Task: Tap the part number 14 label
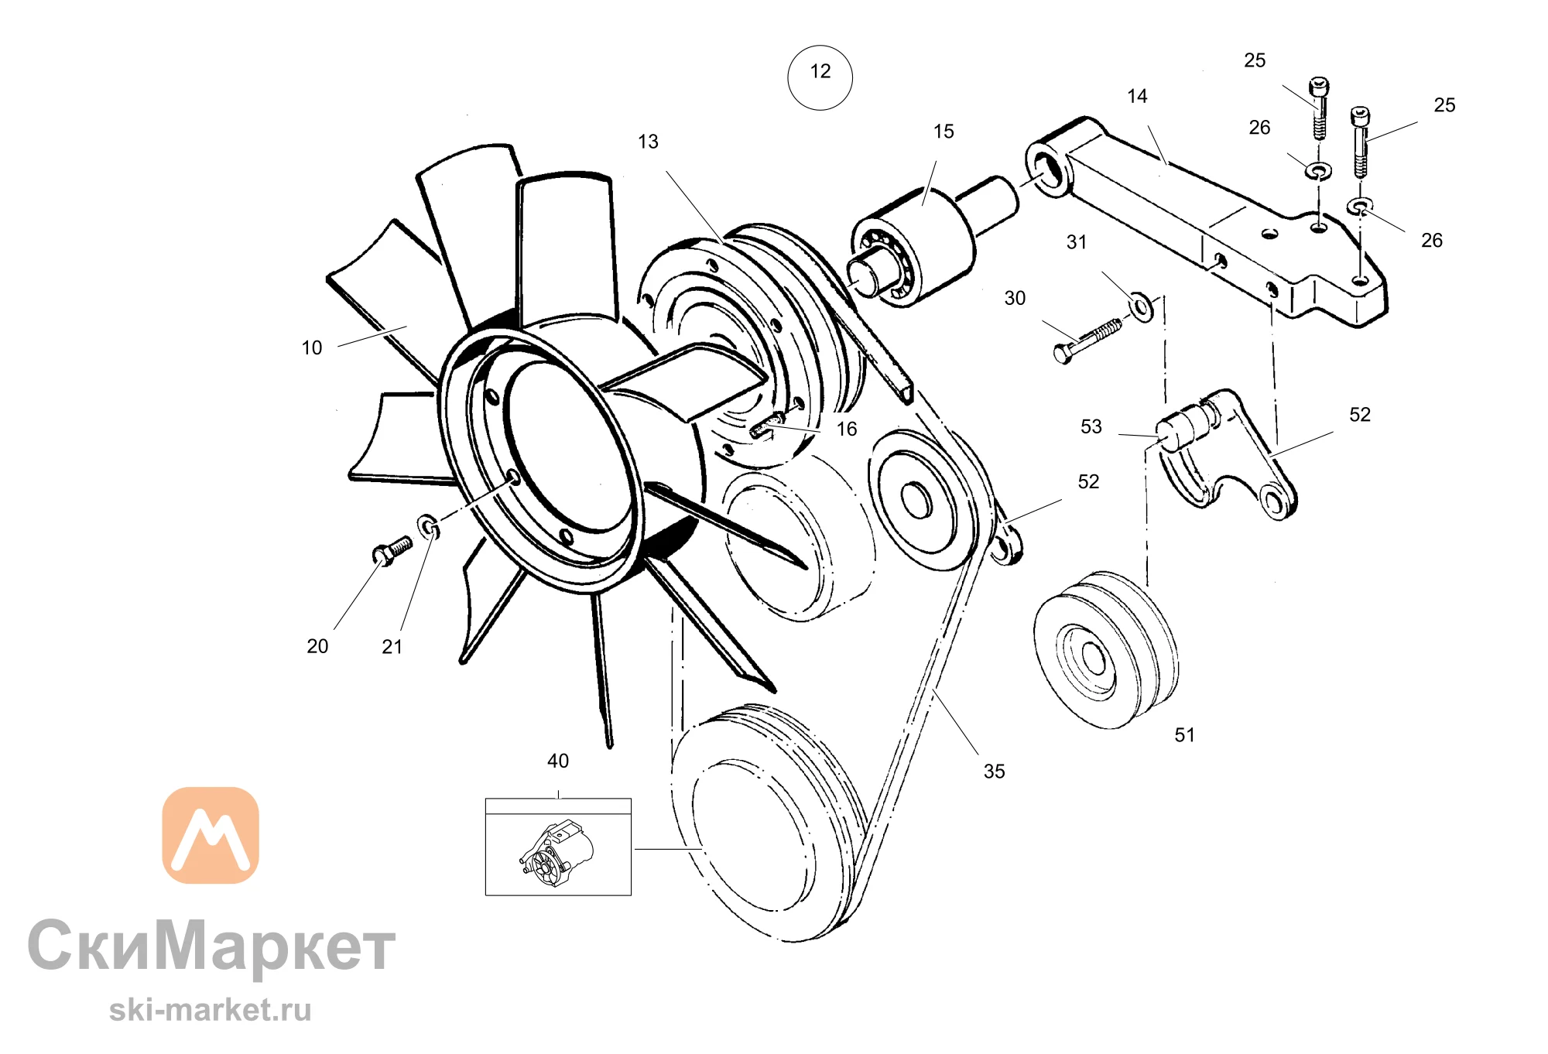(1137, 97)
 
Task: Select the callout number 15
(944, 132)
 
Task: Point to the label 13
(648, 142)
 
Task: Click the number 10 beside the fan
(312, 348)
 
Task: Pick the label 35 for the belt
(994, 772)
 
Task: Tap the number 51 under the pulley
(1184, 735)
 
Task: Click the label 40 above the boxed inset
(557, 761)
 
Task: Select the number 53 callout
(1091, 427)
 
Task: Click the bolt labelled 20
(392, 551)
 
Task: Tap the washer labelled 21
(429, 526)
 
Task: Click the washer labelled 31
(1142, 306)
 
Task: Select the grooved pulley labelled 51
(1106, 650)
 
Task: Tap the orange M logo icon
(211, 835)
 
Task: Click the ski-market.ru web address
(211, 1010)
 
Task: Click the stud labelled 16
(767, 427)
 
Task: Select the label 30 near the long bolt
(1015, 299)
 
